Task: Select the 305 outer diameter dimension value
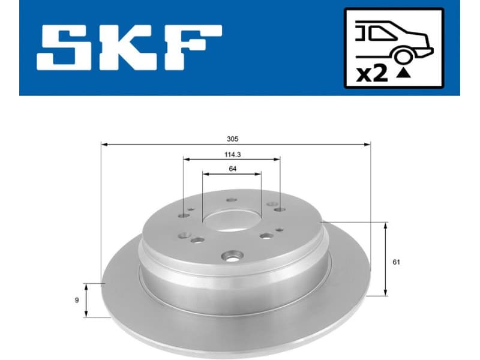tap(233, 138)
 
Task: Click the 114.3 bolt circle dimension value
tap(232, 154)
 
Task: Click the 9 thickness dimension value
tap(77, 300)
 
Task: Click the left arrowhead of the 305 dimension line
tap(103, 144)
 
